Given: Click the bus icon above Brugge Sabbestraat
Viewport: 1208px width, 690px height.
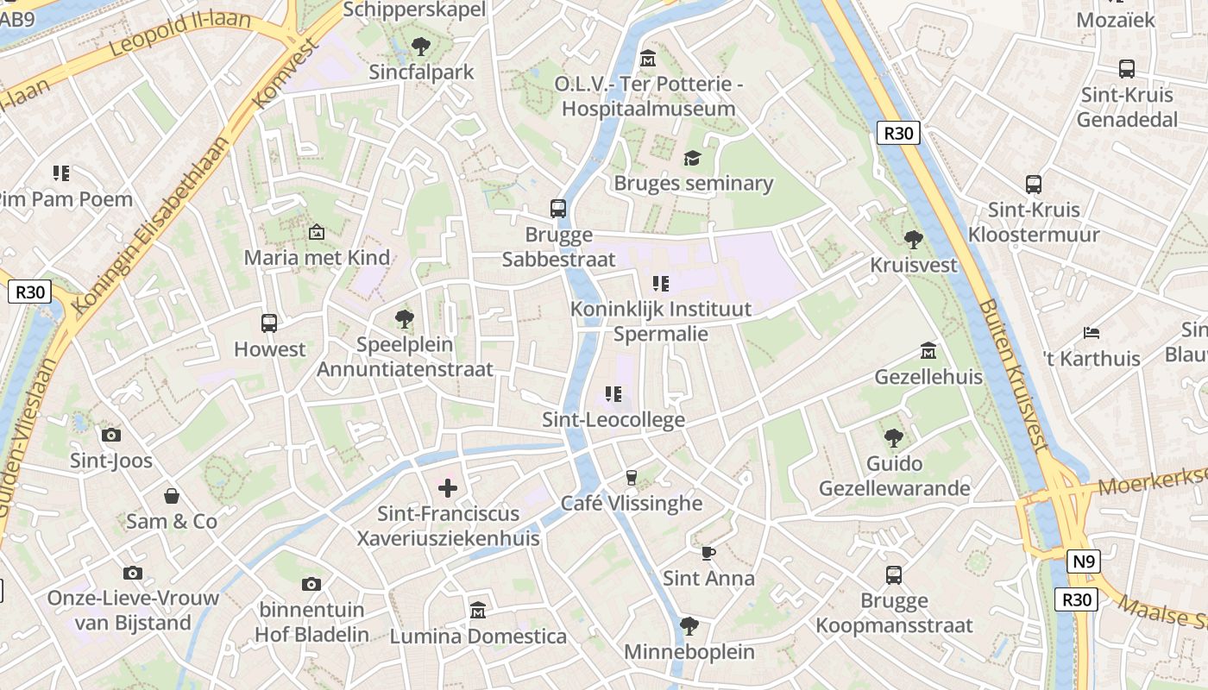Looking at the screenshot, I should pyautogui.click(x=558, y=208).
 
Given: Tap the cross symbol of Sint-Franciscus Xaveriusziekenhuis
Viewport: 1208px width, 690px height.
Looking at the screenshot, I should pyautogui.click(x=448, y=488).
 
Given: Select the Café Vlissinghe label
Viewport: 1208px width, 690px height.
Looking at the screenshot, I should pyautogui.click(x=632, y=503).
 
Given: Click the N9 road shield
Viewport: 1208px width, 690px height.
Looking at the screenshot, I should pyautogui.click(x=1084, y=562).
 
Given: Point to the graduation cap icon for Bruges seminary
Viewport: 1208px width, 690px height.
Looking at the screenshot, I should pyautogui.click(x=692, y=158).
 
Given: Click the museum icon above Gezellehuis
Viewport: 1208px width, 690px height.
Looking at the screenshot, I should pyautogui.click(x=928, y=351).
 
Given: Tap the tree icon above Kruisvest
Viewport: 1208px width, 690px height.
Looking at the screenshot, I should pyautogui.click(x=914, y=239).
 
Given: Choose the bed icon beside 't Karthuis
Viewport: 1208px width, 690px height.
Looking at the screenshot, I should pyautogui.click(x=1092, y=333).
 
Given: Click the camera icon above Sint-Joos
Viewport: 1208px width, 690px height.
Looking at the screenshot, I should pyautogui.click(x=111, y=435).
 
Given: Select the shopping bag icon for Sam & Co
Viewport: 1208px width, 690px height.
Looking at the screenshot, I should pyautogui.click(x=172, y=496).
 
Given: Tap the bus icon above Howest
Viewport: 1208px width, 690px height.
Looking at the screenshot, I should pyautogui.click(x=269, y=323).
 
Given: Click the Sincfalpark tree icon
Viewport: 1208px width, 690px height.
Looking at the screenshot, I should pyautogui.click(x=421, y=46).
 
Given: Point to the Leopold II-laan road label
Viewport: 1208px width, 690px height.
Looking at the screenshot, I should pyautogui.click(x=181, y=34).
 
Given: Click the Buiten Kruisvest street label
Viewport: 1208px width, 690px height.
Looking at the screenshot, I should pyautogui.click(x=1013, y=375).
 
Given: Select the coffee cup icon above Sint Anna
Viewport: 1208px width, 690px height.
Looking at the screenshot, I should pyautogui.click(x=708, y=553).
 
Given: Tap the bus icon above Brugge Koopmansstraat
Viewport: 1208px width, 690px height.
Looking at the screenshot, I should pyautogui.click(x=894, y=574).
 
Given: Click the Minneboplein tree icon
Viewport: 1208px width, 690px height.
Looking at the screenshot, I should pyautogui.click(x=689, y=625).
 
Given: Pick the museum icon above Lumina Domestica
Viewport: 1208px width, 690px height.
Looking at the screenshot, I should pyautogui.click(x=478, y=611).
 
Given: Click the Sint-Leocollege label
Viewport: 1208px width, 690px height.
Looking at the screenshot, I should pyautogui.click(x=613, y=420).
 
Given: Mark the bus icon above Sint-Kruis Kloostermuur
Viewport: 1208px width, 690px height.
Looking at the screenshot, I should pyautogui.click(x=1033, y=184).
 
